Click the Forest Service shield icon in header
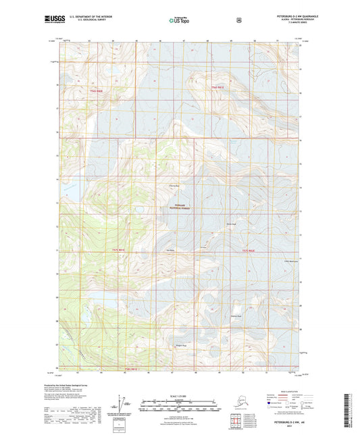(x=238, y=20)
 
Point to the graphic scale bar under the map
(x=180, y=407)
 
